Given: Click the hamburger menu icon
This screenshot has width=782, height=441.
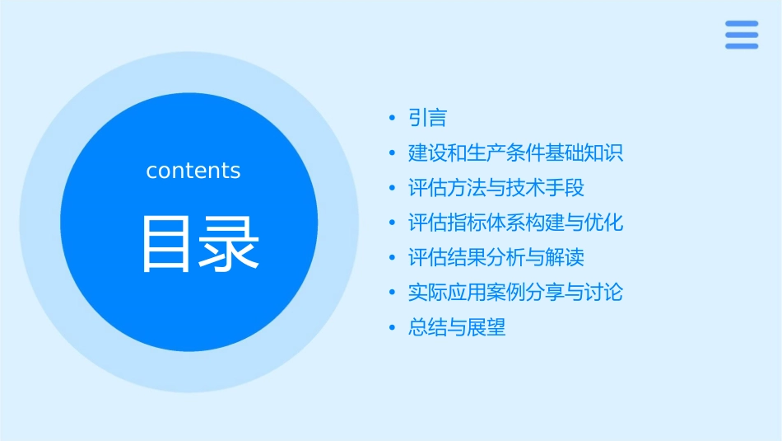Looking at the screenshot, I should pos(742,35).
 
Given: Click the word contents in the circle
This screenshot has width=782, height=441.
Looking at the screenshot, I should pos(193,171).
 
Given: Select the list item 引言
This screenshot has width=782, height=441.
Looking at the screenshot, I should pos(427,119).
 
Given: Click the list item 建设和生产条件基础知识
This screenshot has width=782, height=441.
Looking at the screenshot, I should pos(515,153).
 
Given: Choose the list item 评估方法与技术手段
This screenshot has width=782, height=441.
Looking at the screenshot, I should pos(496,188).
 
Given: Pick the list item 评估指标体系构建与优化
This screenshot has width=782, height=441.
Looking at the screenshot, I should pos(515,223).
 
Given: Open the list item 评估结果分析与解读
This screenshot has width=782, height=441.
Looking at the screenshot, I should pos(496,258).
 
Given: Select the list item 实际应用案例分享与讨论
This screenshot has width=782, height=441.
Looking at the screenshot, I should pos(515,293).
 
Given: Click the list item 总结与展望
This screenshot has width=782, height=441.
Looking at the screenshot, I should pos(457,327).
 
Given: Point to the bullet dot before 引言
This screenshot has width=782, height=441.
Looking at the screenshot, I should pos(393,120).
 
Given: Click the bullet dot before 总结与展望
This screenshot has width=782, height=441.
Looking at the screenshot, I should pos(393,328).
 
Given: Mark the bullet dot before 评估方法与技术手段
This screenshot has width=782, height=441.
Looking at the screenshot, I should pos(393,189).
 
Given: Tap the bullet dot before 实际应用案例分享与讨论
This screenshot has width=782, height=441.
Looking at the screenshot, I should pos(393,293).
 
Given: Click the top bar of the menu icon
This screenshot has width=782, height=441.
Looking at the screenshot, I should pos(742,24).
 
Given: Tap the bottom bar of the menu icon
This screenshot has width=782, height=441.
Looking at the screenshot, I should pos(742,46).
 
